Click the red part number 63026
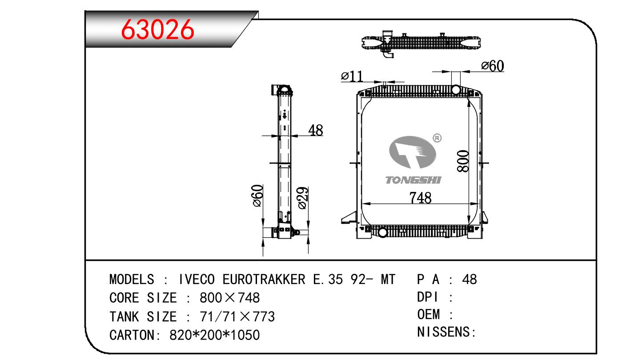point(157,29)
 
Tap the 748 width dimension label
point(421,198)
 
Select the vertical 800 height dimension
point(463,161)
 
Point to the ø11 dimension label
point(352,76)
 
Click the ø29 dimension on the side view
point(303,198)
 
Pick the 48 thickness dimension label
point(316,130)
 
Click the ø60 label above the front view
point(493,66)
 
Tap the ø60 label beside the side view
point(257,196)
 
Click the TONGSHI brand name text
point(413,180)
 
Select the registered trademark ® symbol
point(437,138)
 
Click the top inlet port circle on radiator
point(456,90)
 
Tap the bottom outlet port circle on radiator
point(383,232)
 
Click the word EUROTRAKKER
point(264,279)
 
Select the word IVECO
point(197,279)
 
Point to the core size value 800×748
point(230,298)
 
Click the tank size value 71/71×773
point(237,316)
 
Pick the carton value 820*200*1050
point(214,335)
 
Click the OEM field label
point(429,315)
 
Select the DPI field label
point(427,297)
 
